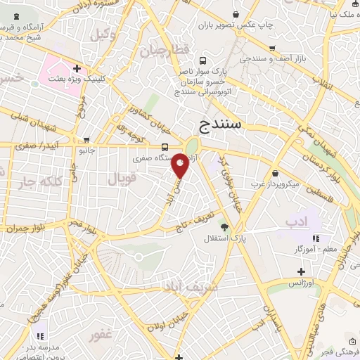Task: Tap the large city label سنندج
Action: click(221, 125)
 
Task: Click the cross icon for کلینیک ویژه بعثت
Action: click(75, 69)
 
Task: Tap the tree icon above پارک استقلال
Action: click(225, 226)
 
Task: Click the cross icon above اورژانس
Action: click(302, 271)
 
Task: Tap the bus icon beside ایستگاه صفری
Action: click(165, 147)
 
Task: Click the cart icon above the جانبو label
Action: click(86, 139)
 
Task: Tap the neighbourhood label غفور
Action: click(101, 335)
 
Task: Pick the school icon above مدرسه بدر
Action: click(41, 335)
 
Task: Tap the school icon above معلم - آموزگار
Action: click(316, 238)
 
